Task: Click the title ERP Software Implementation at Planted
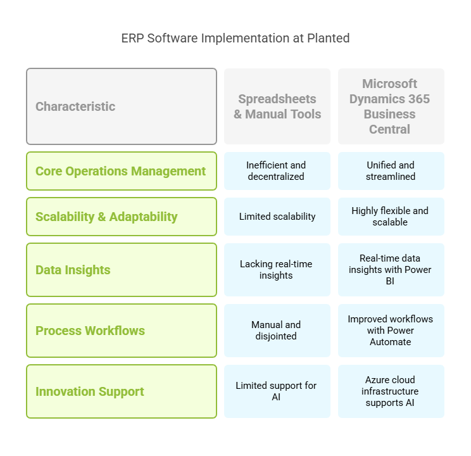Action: [235, 39]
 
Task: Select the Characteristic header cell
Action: [122, 106]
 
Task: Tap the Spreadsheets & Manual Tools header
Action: [277, 106]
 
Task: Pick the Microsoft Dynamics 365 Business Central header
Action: [391, 106]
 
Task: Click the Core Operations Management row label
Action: [122, 171]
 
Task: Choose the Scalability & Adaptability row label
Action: [122, 217]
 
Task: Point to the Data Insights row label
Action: [122, 270]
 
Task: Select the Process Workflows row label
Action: [122, 331]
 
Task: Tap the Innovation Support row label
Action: [122, 391]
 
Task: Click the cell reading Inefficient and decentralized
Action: [277, 171]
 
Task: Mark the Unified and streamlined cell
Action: [391, 171]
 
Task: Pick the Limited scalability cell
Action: [277, 217]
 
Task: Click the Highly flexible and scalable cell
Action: [391, 217]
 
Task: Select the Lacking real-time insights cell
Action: [277, 270]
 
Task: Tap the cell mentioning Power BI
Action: [391, 270]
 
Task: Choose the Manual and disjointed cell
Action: [277, 331]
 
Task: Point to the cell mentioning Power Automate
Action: [391, 331]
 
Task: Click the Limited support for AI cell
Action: [277, 391]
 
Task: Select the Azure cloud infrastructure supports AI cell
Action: [391, 391]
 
